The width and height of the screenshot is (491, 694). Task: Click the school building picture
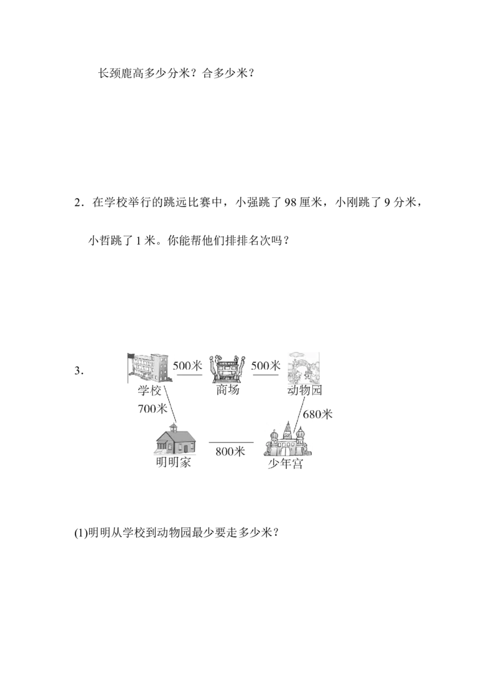coord(147,367)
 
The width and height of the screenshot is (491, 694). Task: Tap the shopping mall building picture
coord(227,368)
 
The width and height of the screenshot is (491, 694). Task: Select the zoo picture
coord(304,368)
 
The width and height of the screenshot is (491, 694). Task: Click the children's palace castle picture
coord(288,439)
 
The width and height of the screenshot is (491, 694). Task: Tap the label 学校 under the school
coord(149,391)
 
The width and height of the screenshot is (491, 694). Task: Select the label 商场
coord(227,389)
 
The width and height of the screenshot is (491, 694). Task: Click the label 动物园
coord(304,390)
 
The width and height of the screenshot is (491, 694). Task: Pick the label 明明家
coord(173,462)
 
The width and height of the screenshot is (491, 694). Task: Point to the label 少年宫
coord(286,464)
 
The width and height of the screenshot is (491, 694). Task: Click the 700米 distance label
coord(152,408)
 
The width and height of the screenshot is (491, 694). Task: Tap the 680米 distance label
coord(318,414)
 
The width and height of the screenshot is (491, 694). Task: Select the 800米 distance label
coord(230,451)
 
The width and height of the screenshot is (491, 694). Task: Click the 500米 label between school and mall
coord(187,365)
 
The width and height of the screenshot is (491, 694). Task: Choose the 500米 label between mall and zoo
coord(266,365)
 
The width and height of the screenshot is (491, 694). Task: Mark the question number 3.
coord(79,371)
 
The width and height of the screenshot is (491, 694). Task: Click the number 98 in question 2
coord(290,203)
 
